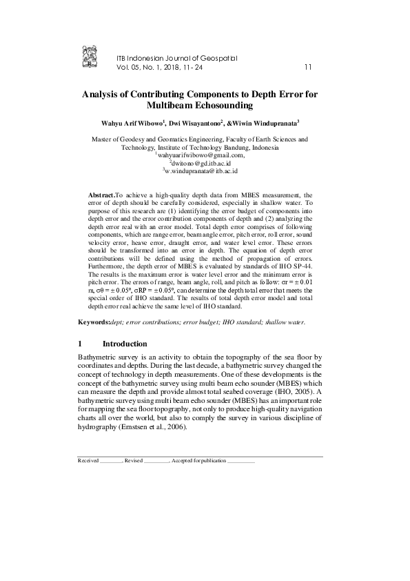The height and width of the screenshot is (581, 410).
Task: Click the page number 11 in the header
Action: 308,67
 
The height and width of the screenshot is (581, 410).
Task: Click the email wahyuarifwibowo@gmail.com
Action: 201,156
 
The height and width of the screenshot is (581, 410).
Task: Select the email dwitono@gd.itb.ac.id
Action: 201,164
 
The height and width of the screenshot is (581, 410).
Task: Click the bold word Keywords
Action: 94,322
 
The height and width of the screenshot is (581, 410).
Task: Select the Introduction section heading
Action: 125,344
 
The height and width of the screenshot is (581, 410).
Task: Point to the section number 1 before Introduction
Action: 81,344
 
